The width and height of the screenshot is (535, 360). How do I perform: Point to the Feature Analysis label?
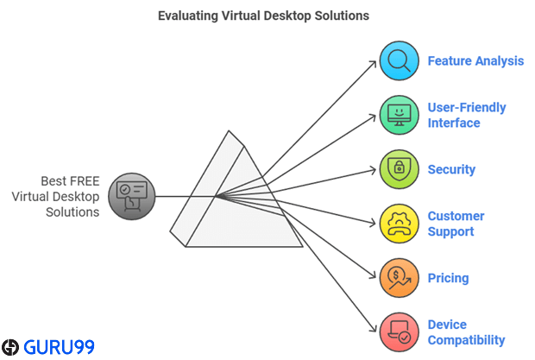click(x=475, y=61)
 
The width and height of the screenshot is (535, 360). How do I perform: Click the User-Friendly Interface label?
click(x=467, y=116)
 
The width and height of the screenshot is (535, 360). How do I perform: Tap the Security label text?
click(x=451, y=169)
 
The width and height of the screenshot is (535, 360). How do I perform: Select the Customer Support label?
click(x=456, y=224)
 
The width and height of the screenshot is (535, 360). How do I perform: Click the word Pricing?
click(x=449, y=278)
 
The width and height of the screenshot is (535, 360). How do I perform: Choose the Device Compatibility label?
click(x=466, y=332)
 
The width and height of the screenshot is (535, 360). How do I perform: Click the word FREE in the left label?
click(x=83, y=181)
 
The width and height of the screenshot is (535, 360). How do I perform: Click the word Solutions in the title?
click(x=342, y=16)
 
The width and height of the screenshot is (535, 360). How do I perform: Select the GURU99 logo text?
click(x=59, y=348)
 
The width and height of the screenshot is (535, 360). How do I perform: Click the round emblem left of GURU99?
click(x=10, y=348)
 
